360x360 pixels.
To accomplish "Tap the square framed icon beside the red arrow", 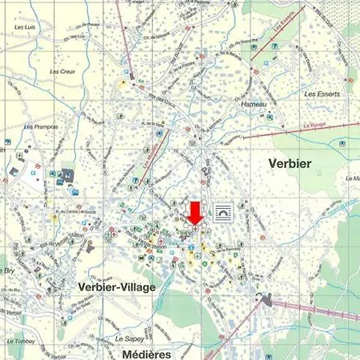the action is tap(225, 213).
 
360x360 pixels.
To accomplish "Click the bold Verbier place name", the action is tap(290, 163).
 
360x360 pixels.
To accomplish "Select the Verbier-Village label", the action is tap(118, 286).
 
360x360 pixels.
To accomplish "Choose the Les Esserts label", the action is tap(322, 94).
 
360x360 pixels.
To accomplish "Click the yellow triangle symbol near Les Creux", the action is tap(122, 82).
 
